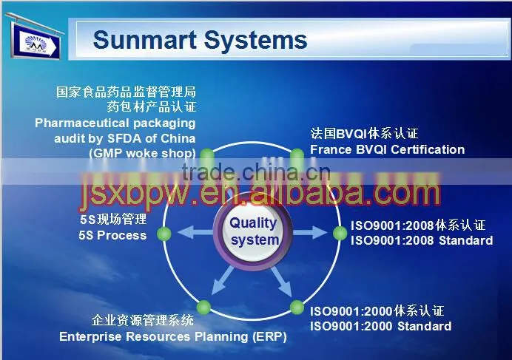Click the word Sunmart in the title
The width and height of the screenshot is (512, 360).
coord(145,40)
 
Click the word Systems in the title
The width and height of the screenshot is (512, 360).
coord(255,41)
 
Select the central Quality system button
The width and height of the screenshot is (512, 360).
coord(253,231)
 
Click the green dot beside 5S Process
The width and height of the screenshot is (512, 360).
coord(164,234)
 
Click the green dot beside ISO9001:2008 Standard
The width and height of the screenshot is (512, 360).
coord(340,233)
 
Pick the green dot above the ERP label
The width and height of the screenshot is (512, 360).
coord(203,307)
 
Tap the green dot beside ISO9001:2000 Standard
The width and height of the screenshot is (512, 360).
coord(297,307)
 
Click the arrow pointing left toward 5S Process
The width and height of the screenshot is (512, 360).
coord(195,232)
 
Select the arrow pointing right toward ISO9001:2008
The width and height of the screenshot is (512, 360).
coord(310,232)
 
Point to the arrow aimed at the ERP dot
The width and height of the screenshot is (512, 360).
coord(223,280)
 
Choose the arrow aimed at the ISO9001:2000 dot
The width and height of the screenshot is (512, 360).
coord(281,282)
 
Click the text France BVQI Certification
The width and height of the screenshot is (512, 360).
coord(387,149)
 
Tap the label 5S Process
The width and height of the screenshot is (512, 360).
coord(112,235)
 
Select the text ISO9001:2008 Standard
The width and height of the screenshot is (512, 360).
coord(422,240)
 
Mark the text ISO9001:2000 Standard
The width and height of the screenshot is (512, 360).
coord(381,326)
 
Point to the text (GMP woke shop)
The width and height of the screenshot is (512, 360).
coord(142,154)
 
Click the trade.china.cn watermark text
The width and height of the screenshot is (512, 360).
coord(256,172)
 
